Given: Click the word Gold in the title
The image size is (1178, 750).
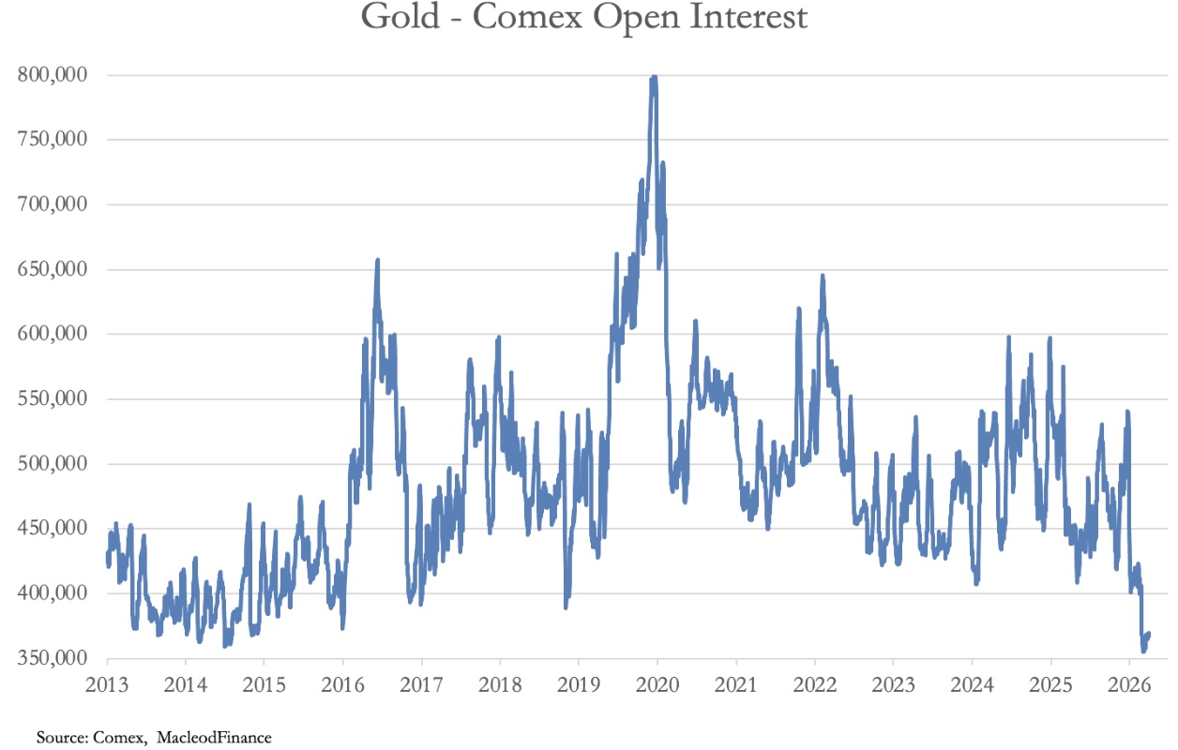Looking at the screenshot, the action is [400, 17].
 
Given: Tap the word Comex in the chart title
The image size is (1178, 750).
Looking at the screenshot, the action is [527, 17].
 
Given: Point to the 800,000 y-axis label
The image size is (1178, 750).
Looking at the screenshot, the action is [53, 75].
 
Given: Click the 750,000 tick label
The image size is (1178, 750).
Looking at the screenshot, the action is [53, 140].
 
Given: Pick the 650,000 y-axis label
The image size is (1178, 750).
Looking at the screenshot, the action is [53, 269].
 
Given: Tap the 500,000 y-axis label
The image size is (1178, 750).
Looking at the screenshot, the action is [53, 463].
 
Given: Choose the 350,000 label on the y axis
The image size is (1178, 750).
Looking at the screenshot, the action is [53, 658].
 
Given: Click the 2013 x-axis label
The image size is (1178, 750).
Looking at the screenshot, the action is [107, 684].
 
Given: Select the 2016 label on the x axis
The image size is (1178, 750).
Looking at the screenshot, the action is [343, 684].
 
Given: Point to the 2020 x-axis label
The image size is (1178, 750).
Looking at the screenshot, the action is [657, 684].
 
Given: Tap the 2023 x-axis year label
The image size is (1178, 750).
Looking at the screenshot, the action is [893, 684].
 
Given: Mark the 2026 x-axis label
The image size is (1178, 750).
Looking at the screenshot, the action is [1129, 684].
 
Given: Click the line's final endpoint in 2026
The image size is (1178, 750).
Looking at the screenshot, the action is [1150, 635].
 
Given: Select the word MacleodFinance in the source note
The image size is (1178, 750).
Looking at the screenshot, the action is [214, 738].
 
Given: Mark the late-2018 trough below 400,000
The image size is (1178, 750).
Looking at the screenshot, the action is [566, 607].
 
